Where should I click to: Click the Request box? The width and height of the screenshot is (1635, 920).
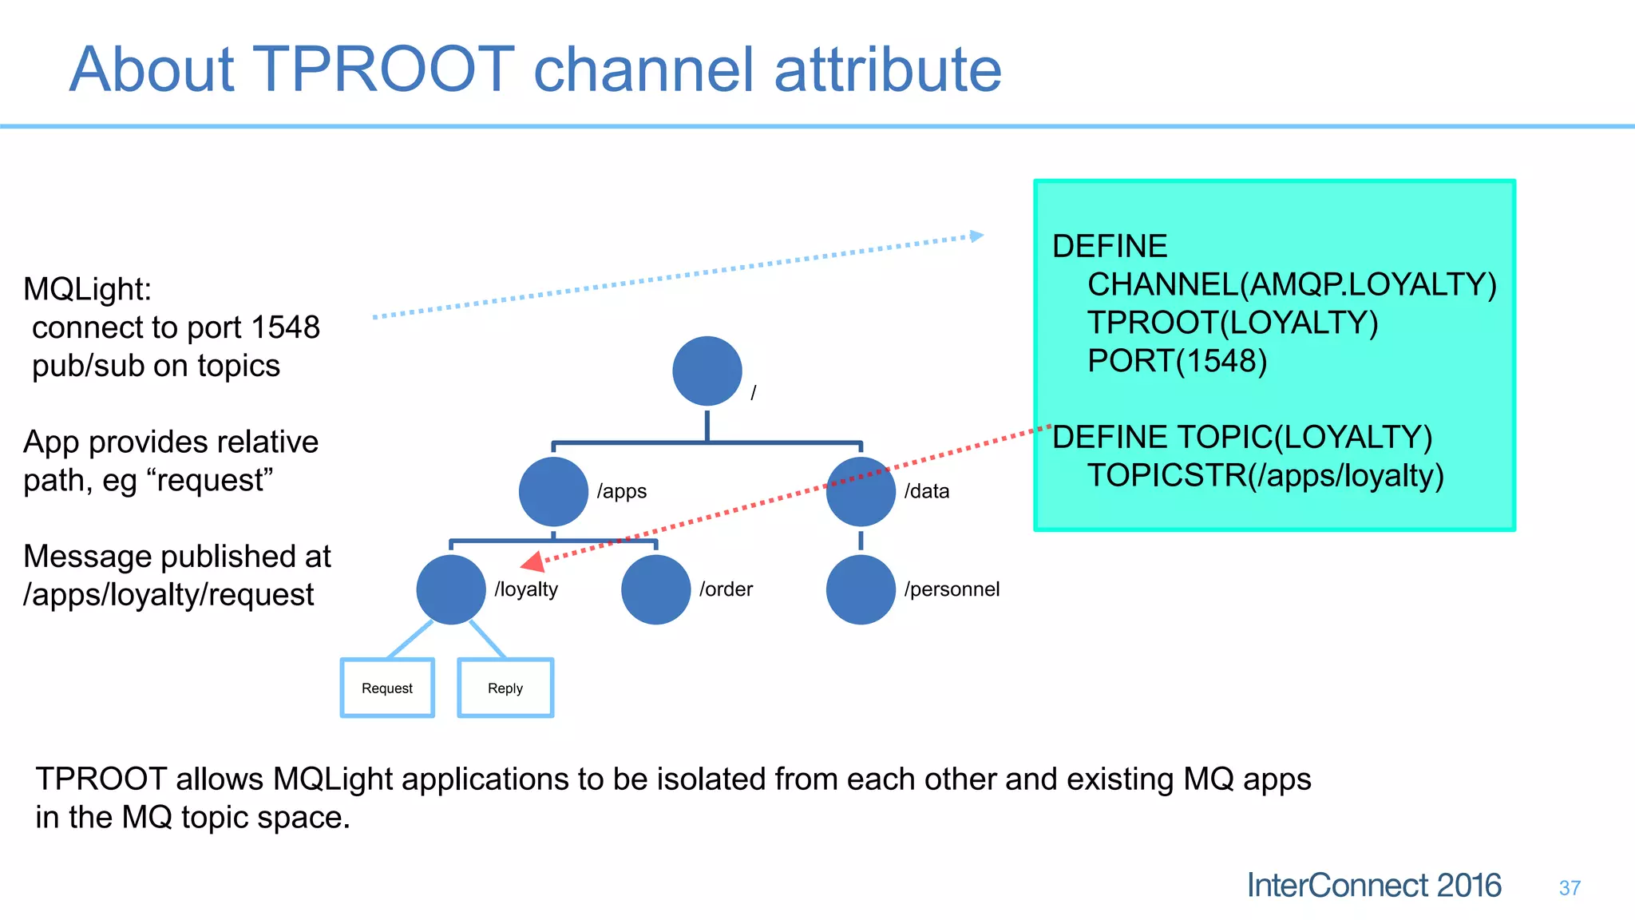click(387, 688)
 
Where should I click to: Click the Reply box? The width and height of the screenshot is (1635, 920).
click(505, 688)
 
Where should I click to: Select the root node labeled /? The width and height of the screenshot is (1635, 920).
click(707, 371)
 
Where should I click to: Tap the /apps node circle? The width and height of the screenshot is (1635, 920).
click(553, 491)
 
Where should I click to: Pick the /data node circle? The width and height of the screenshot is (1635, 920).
click(861, 491)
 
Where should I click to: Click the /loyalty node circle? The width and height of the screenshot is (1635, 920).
click(451, 589)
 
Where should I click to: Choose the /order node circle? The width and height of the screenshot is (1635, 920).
click(655, 589)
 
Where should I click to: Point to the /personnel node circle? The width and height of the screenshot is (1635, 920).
click(861, 589)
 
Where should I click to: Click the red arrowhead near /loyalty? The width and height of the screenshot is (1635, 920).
click(533, 562)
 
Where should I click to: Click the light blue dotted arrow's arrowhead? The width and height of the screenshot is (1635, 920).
click(976, 236)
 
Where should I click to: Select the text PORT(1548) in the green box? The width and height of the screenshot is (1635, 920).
click(1177, 361)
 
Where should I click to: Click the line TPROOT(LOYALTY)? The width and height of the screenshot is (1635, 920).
click(1232, 323)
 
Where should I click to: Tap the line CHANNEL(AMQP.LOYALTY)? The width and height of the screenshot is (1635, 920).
click(1291, 284)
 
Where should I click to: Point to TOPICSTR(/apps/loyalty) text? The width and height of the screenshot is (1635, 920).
click(1265, 475)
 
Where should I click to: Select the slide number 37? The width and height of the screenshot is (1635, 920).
click(1570, 888)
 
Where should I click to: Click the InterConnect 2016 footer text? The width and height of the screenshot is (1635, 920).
click(1373, 886)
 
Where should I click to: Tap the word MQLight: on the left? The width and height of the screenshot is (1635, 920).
click(87, 289)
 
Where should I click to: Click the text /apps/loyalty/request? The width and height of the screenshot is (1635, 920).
click(168, 595)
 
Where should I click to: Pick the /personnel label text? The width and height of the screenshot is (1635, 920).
click(952, 589)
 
